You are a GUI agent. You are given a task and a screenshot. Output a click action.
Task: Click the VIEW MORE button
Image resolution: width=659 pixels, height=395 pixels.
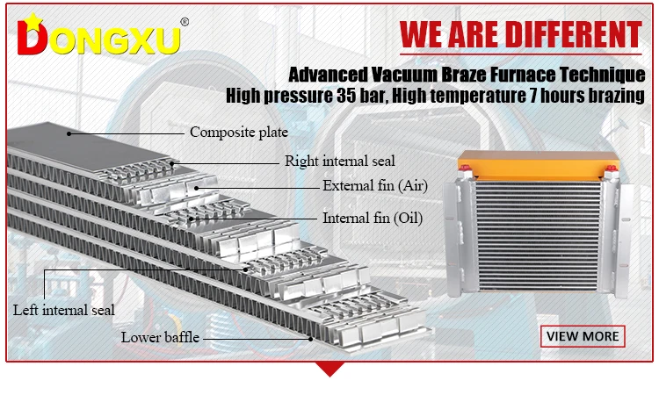click(583, 335)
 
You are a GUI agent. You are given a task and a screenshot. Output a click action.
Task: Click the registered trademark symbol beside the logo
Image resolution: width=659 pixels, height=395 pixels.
click(185, 22)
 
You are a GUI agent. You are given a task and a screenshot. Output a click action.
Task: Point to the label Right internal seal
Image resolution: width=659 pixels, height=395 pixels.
click(339, 161)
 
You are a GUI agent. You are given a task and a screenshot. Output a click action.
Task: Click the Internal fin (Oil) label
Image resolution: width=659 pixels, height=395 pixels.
click(373, 218)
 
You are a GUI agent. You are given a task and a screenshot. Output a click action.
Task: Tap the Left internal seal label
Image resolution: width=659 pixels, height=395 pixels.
click(63, 310)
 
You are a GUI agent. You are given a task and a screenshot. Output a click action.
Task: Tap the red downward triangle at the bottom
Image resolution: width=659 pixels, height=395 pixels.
click(329, 368)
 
